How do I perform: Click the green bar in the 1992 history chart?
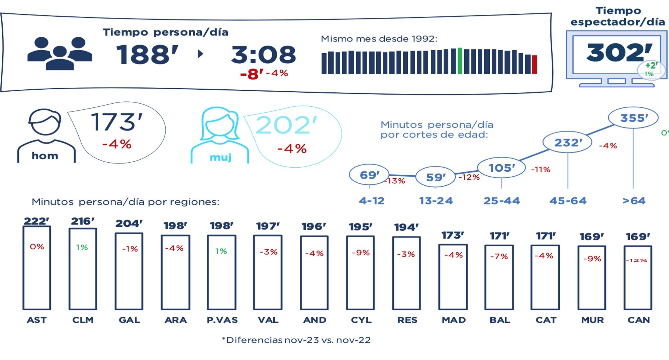(x=460, y=61)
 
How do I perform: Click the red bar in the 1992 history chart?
(x=535, y=65)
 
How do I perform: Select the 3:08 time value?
(x=264, y=55)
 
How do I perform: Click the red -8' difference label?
(x=252, y=74)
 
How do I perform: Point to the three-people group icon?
(x=60, y=54)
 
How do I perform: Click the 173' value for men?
(x=117, y=122)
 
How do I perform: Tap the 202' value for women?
(x=286, y=125)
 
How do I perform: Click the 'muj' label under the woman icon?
(x=220, y=157)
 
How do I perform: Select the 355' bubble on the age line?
(x=633, y=118)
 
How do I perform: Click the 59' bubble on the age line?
(x=435, y=177)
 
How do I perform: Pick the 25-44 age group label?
(x=501, y=201)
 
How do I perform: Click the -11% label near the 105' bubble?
(x=541, y=170)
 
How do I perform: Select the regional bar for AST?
(x=37, y=268)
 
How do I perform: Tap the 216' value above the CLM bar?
(x=83, y=221)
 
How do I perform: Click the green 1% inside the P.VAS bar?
(x=221, y=251)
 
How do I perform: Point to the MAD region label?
(x=454, y=320)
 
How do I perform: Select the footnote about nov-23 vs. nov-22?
(x=296, y=340)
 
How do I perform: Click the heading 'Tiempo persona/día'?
(x=165, y=32)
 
